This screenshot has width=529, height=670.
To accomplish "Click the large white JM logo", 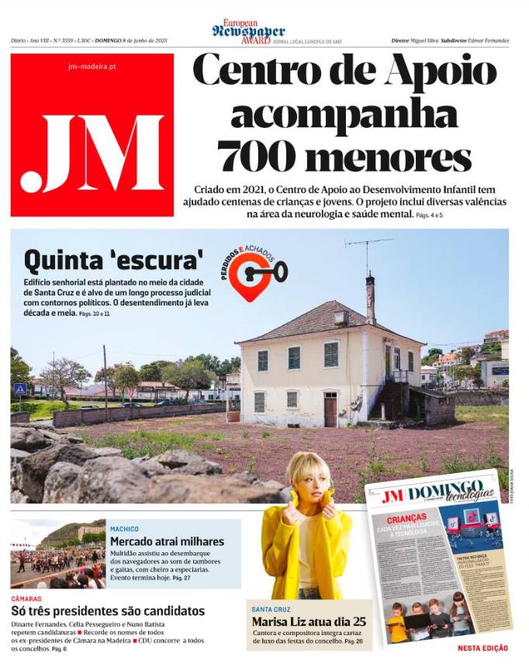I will (92, 154).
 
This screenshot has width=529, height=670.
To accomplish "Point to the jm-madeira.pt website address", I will (92, 67).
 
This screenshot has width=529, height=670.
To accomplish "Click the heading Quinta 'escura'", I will (113, 257).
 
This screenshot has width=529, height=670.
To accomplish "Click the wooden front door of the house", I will (330, 409).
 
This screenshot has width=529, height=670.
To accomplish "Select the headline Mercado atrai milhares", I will (167, 541).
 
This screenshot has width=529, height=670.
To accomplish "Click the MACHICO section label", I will (124, 529).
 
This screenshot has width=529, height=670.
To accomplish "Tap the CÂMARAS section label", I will (26, 599).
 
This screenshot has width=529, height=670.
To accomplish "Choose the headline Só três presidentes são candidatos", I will (108, 611).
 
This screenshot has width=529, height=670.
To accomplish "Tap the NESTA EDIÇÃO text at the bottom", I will (482, 648).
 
